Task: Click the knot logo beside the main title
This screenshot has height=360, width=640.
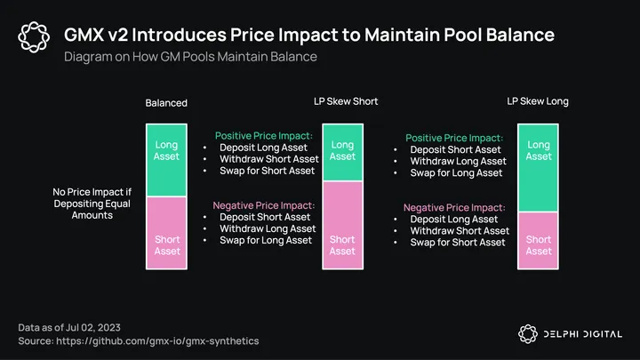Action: click(34, 36)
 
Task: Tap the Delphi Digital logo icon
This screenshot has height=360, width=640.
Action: click(528, 334)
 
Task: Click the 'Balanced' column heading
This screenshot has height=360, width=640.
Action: click(166, 103)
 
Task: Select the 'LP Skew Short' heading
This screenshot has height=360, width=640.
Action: click(346, 101)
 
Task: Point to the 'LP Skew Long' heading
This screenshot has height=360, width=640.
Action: click(538, 101)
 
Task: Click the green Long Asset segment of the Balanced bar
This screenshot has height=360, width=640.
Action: click(166, 160)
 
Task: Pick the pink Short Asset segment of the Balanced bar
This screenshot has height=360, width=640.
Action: click(166, 233)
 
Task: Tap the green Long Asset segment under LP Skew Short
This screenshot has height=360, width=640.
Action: click(343, 152)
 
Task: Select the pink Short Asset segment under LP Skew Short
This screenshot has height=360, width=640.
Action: click(343, 225)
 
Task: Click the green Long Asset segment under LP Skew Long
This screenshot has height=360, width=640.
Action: click(538, 168)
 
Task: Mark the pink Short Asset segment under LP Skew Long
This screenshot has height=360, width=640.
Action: click(538, 240)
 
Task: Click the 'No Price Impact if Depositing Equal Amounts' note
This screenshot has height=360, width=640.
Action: click(92, 204)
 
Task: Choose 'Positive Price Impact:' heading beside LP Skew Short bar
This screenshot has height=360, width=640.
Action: click(264, 135)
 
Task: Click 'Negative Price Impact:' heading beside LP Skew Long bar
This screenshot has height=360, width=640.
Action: click(454, 207)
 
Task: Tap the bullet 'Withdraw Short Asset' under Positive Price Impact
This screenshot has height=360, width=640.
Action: click(269, 159)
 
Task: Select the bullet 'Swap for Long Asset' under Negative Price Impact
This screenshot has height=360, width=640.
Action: click(266, 240)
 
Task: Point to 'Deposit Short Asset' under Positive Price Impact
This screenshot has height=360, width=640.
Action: click(455, 149)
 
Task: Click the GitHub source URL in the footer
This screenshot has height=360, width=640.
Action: click(157, 340)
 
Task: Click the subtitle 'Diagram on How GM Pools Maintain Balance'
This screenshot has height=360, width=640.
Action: click(190, 56)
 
